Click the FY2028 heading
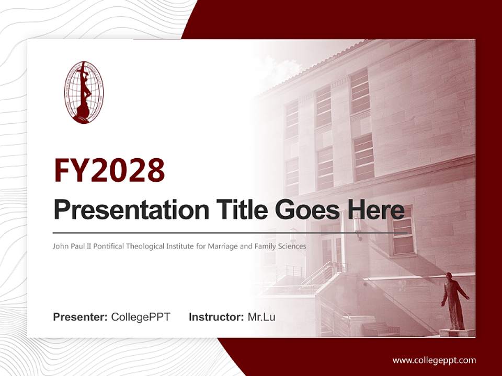(109, 170)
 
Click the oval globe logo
(84, 92)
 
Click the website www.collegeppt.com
(434, 360)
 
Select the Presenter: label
(81, 317)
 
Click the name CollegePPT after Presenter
(141, 317)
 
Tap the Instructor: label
(216, 317)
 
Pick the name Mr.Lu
(261, 317)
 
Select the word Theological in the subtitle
(144, 245)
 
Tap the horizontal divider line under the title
(230, 233)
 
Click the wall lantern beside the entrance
(358, 226)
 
